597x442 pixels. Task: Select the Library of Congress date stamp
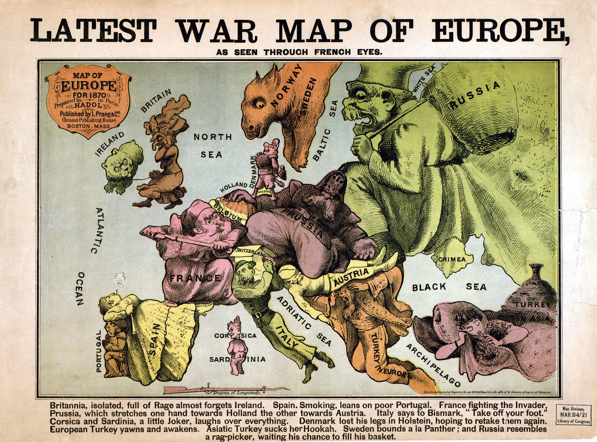click(x=573, y=414)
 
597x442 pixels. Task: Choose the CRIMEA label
click(x=452, y=259)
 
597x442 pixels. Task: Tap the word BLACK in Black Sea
click(x=429, y=287)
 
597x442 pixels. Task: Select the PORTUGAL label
click(x=98, y=351)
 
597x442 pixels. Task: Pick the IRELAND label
click(x=110, y=144)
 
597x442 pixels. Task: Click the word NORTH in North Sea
click(x=212, y=137)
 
